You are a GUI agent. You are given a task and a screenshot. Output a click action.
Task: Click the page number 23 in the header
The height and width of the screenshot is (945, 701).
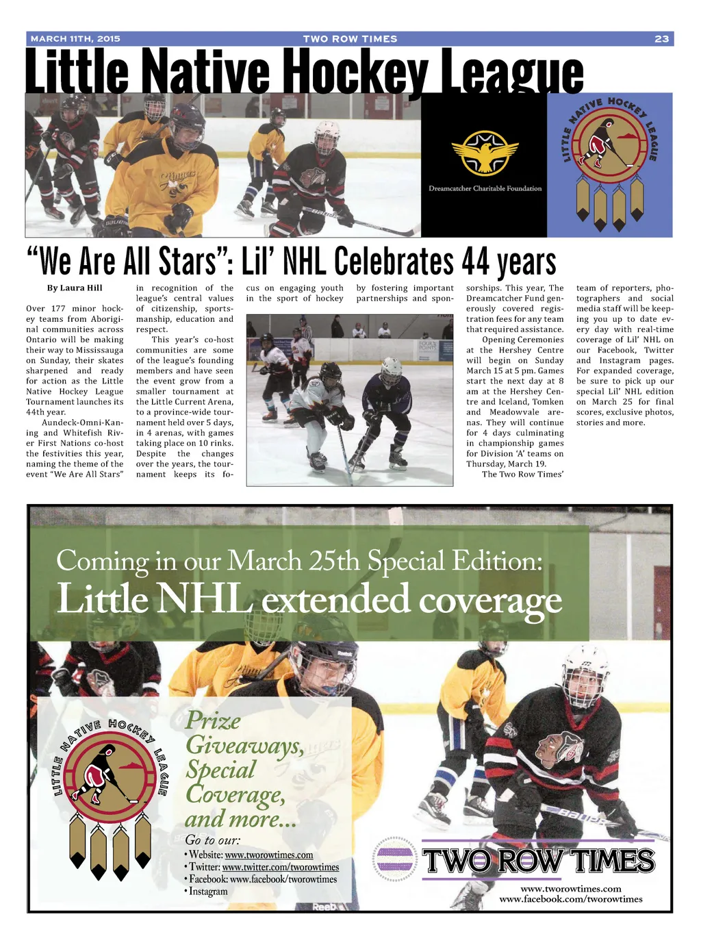[x=661, y=39]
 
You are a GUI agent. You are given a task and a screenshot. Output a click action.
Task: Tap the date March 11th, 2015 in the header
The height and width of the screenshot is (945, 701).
[x=75, y=39]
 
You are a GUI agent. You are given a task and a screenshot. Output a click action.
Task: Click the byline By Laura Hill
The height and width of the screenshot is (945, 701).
[x=75, y=288]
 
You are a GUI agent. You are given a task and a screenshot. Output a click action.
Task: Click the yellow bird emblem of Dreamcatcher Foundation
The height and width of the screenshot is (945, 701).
[x=485, y=153]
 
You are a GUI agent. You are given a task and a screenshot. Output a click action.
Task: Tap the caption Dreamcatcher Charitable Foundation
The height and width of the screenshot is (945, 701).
[x=485, y=188]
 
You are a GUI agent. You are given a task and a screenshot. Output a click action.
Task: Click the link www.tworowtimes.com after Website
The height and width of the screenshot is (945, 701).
[x=268, y=855]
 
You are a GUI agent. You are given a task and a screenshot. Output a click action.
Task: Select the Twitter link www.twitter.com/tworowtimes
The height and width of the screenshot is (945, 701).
[x=280, y=867]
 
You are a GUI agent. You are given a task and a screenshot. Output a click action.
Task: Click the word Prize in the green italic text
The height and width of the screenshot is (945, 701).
[x=213, y=721]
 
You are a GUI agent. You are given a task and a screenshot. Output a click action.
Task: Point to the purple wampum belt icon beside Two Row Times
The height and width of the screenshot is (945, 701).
[x=396, y=859]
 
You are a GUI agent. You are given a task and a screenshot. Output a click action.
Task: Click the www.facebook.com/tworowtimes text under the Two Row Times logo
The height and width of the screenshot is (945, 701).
[x=570, y=899]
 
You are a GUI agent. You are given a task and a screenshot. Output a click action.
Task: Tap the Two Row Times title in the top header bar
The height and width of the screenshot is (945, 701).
[x=350, y=39]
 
